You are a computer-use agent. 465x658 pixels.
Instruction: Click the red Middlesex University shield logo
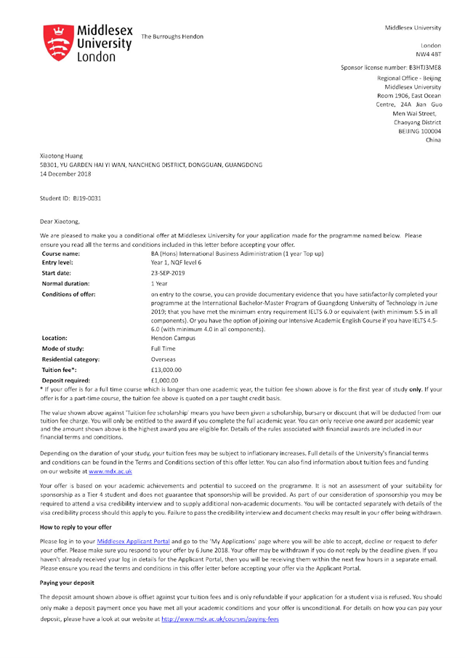click(57, 43)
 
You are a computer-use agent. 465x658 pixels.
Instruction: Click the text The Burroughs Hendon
click(172, 36)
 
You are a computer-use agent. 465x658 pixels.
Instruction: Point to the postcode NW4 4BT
click(428, 54)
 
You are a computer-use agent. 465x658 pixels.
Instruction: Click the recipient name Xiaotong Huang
click(61, 155)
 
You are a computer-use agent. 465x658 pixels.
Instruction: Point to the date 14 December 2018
click(65, 174)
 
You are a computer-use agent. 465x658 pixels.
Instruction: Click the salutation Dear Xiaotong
click(60, 222)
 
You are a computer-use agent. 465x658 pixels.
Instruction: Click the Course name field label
click(61, 253)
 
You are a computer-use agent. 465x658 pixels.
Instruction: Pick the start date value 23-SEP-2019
click(168, 272)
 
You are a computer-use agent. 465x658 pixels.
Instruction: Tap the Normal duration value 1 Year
click(159, 283)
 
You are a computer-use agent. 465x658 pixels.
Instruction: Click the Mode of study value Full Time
click(163, 349)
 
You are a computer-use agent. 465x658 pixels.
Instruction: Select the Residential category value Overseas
click(163, 359)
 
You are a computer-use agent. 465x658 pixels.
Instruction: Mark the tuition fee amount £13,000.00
click(166, 370)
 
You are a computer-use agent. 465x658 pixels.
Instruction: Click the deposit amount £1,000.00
click(164, 380)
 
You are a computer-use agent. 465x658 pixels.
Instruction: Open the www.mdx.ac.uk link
click(110, 472)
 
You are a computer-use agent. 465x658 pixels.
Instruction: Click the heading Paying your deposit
click(67, 582)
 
